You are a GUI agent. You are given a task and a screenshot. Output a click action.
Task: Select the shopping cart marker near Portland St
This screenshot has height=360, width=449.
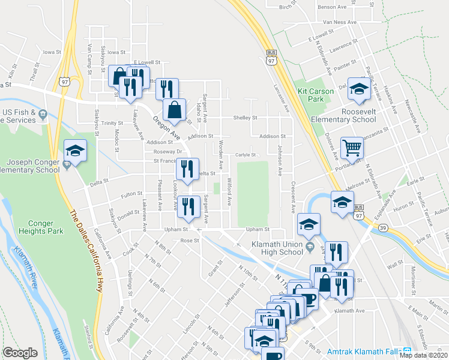pyautogui.click(x=352, y=148)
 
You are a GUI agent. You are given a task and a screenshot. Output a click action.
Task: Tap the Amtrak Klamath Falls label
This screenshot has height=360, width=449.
pyautogui.click(x=364, y=352)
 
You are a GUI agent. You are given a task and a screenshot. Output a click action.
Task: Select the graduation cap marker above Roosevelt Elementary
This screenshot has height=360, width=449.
pyautogui.click(x=359, y=89)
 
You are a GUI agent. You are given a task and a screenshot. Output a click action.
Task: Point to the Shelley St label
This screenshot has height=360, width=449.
pyautogui.click(x=245, y=118)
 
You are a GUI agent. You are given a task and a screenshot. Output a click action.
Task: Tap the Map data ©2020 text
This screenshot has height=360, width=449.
pyautogui.click(x=423, y=355)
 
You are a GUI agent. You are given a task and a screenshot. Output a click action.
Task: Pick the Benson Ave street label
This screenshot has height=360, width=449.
pyautogui.click(x=333, y=7)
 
